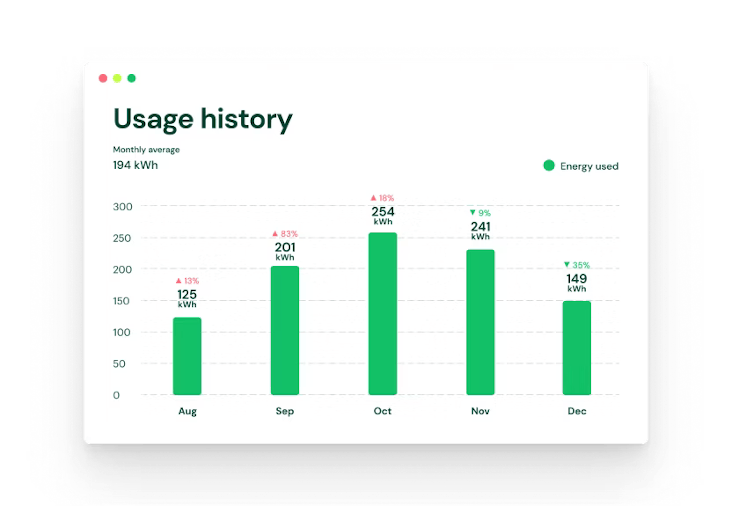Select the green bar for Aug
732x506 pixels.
point(187,356)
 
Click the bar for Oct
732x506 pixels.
point(383,314)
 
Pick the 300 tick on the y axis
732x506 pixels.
point(122,207)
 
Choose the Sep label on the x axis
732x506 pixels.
point(285,411)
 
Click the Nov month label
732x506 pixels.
point(480,411)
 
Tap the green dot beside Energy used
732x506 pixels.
point(549,165)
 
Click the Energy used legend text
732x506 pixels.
point(589,166)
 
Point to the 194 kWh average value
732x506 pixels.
point(135,165)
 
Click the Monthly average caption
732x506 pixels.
point(146,150)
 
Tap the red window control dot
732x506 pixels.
point(103,78)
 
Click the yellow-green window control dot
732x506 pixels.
point(117,78)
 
